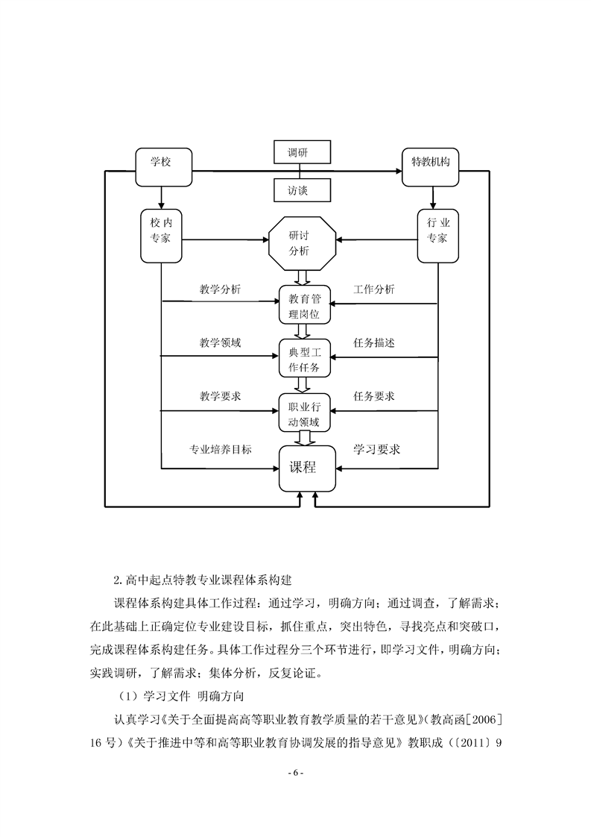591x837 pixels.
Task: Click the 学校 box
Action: coord(163,164)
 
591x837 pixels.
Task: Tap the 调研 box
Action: coord(297,152)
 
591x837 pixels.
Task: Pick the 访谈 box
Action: coord(297,190)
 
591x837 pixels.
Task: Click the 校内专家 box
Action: coord(161,236)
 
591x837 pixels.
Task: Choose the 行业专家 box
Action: coord(437,236)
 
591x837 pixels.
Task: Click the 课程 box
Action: coord(303,468)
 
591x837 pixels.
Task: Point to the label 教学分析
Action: coord(220,289)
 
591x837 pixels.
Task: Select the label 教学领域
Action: coord(220,342)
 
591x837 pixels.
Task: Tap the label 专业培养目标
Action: coord(220,450)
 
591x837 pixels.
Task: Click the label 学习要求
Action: coord(376,449)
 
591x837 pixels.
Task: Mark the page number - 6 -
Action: coord(295,772)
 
